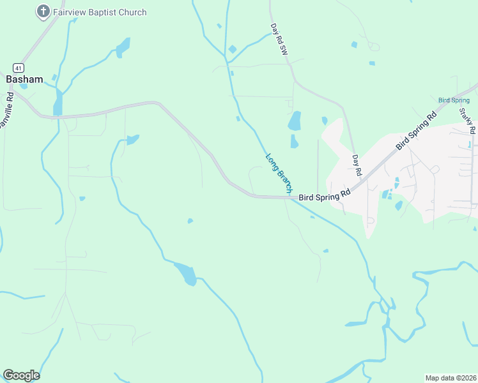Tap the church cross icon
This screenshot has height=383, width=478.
tap(43, 11)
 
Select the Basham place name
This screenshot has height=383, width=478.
tap(24, 79)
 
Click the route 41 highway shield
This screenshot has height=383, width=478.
tap(17, 67)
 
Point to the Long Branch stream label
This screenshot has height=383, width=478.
tap(279, 173)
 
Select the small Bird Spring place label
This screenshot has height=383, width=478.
tap(454, 100)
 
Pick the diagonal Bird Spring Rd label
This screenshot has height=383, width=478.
tap(415, 131)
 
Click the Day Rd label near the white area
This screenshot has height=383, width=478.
tap(357, 165)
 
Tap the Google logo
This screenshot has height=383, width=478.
tap(21, 375)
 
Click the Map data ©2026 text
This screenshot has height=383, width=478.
tap(451, 378)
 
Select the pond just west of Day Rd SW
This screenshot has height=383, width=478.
tap(294, 121)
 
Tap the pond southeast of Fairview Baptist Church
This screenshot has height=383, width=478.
tap(123, 47)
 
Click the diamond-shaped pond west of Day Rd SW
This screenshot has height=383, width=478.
tap(232, 49)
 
